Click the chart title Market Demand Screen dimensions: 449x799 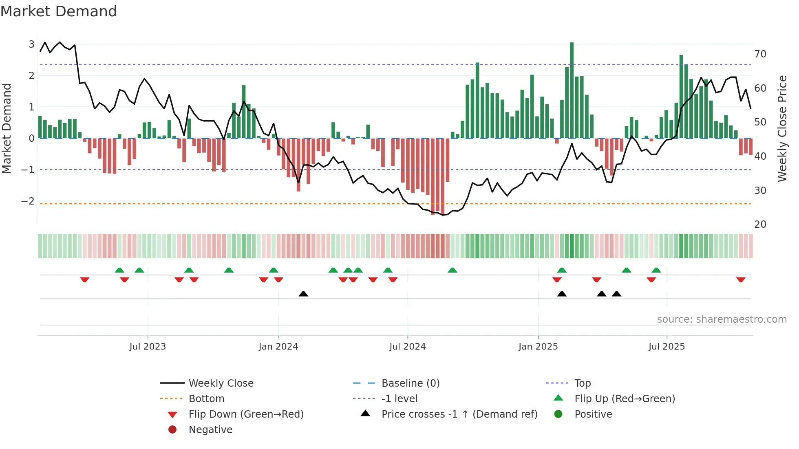(x=59, y=11)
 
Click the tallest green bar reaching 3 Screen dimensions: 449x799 (x=572, y=90)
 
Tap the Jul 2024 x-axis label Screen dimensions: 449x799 (x=407, y=347)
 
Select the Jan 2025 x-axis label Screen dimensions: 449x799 (x=538, y=347)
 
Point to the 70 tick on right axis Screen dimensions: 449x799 (x=760, y=54)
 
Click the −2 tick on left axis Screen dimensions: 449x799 (x=28, y=201)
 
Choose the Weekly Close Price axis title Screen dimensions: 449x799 (x=782, y=128)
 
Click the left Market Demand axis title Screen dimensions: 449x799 (x=7, y=128)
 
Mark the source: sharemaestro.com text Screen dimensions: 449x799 (x=722, y=319)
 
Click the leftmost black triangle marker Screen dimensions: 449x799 (x=303, y=294)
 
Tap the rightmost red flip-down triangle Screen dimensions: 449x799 (x=741, y=280)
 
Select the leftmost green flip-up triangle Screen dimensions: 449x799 (x=119, y=270)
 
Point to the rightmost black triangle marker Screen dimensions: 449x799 (x=616, y=294)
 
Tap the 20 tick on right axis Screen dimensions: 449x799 (x=760, y=224)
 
